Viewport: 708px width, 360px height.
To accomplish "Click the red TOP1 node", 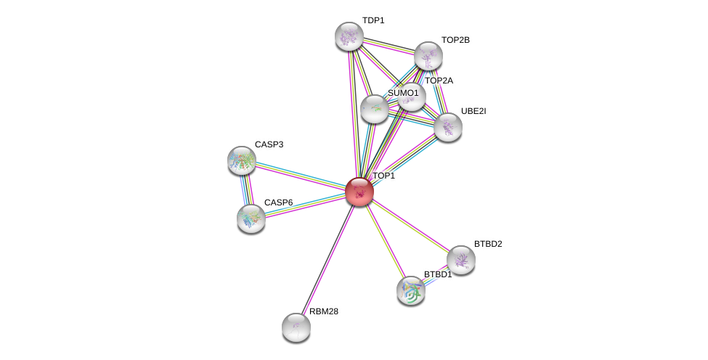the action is click(359, 192).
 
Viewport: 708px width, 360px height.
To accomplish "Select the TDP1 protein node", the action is click(349, 36).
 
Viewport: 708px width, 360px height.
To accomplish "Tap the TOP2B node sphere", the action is click(428, 56).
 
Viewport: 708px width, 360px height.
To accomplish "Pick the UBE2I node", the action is click(447, 127).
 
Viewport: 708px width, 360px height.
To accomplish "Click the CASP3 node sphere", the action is click(242, 160).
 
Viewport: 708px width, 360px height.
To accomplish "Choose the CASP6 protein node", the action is click(251, 218).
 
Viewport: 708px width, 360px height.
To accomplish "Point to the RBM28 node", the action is click(296, 327).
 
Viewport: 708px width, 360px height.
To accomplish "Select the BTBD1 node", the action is click(411, 291).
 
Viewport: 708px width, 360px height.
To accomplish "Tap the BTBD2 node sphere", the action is click(460, 260).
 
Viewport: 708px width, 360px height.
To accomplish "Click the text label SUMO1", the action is click(403, 94).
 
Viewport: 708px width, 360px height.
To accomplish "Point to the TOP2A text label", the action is click(439, 81).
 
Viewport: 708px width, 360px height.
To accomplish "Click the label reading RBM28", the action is click(324, 311).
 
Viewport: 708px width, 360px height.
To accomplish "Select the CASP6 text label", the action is click(279, 202).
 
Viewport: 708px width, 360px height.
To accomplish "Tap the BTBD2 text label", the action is click(488, 244).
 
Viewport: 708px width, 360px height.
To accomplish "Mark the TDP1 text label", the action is click(373, 21).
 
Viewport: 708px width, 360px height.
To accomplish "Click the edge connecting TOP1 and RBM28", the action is click(327, 259).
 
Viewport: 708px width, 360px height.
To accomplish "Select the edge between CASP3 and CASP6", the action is click(246, 189).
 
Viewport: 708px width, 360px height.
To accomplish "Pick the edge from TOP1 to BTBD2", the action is click(410, 226).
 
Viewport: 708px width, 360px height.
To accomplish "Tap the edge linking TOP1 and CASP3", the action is click(301, 176).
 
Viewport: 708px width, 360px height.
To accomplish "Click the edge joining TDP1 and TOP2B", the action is click(388, 46).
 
